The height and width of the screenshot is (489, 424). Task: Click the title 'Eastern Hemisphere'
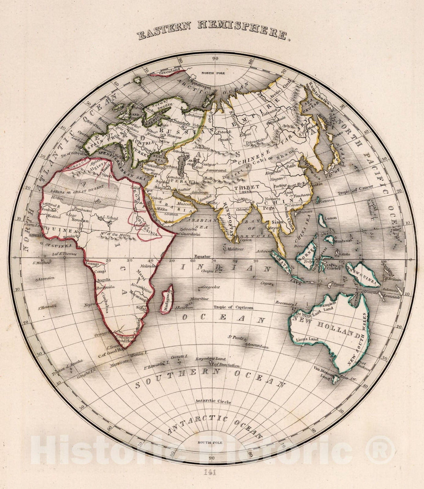tap(214, 32)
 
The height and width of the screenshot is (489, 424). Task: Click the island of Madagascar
tap(166, 299)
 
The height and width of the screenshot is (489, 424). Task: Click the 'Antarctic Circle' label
tap(212, 401)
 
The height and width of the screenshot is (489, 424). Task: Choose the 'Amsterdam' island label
tap(258, 347)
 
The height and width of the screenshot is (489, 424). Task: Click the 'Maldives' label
tap(235, 249)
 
